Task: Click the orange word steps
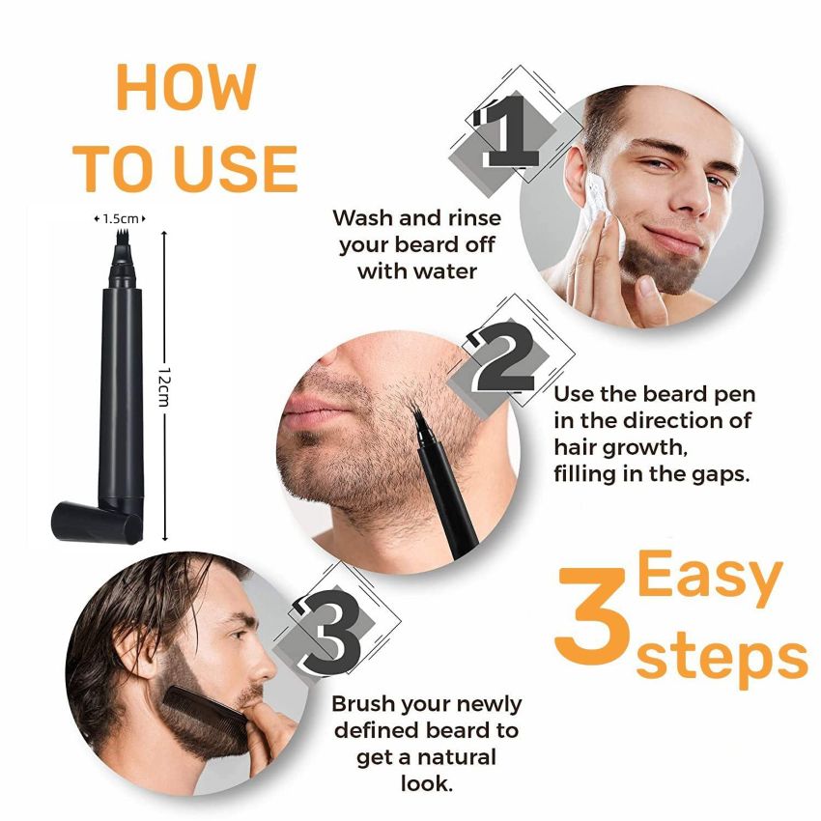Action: [721, 657]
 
